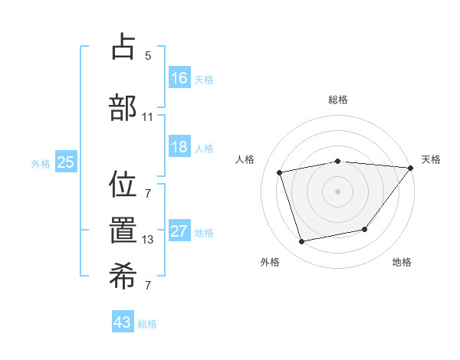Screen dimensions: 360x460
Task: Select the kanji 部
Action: (x=123, y=107)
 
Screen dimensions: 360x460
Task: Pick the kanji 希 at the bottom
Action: (x=123, y=277)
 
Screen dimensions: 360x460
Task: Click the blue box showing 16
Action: (x=179, y=77)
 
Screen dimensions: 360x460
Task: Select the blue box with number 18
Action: (x=179, y=147)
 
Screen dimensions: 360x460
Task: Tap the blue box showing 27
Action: (x=179, y=231)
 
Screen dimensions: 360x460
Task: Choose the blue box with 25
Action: (x=65, y=162)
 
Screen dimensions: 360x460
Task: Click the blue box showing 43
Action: (x=123, y=322)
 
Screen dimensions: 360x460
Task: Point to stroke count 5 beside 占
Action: (x=148, y=56)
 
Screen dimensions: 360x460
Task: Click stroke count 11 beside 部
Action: (x=148, y=117)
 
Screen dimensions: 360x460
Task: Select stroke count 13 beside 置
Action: (x=148, y=240)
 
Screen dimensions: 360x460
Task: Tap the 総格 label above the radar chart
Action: (x=338, y=100)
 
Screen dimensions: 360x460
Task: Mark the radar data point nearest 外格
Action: (x=302, y=241)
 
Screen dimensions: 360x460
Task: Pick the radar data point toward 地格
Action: (x=365, y=229)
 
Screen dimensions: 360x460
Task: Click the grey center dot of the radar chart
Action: (x=338, y=191)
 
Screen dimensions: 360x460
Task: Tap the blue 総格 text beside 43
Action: (x=148, y=324)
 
